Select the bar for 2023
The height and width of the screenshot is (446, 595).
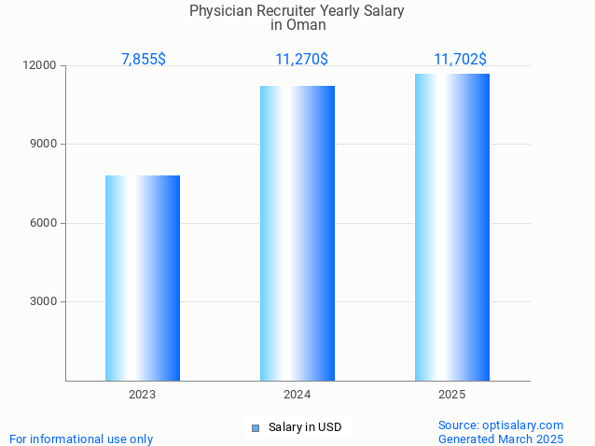tap(143, 278)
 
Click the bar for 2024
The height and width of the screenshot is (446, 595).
tap(297, 233)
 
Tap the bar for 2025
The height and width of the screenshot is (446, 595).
tap(452, 227)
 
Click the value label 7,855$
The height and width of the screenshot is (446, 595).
tap(144, 59)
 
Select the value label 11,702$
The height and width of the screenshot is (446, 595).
tap(460, 59)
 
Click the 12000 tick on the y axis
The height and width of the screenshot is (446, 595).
tap(40, 66)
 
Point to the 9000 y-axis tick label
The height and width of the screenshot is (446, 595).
tap(43, 145)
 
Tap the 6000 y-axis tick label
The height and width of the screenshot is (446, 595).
tap(43, 223)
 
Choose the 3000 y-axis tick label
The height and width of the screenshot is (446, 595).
tap(43, 301)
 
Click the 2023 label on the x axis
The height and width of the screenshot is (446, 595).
tap(143, 395)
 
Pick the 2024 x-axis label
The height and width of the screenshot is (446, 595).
tap(297, 395)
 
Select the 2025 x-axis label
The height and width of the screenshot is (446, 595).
tap(452, 395)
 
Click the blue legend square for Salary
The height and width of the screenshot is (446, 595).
tap(255, 428)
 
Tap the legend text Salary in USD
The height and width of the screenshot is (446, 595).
tap(305, 427)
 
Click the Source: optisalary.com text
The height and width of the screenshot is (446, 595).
tap(501, 425)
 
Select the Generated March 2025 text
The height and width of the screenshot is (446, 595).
tap(501, 439)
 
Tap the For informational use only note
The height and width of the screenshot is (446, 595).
tap(81, 439)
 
